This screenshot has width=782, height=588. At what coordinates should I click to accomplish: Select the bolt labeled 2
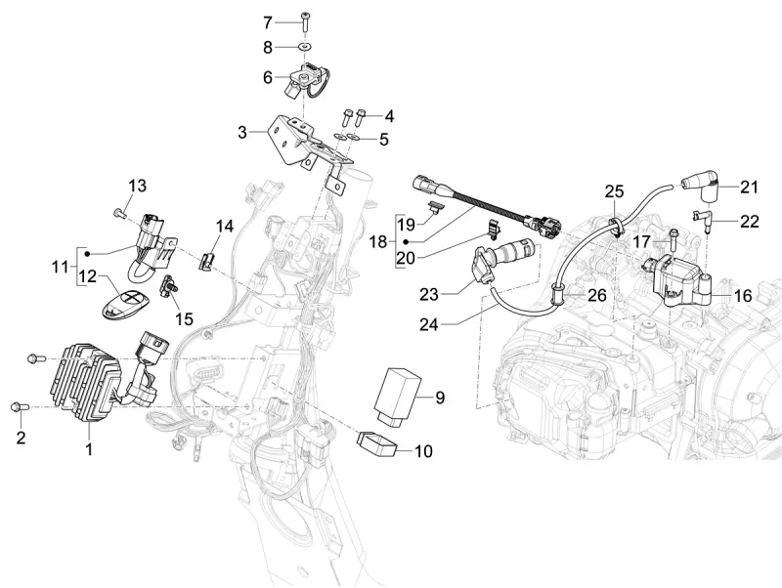click(x=16, y=405)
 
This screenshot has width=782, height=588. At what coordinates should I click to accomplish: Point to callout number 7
click(x=267, y=21)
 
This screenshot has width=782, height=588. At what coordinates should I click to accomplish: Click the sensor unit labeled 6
click(x=304, y=76)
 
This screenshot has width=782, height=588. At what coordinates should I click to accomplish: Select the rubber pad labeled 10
click(x=380, y=444)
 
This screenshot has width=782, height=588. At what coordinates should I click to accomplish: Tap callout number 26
click(x=596, y=294)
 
